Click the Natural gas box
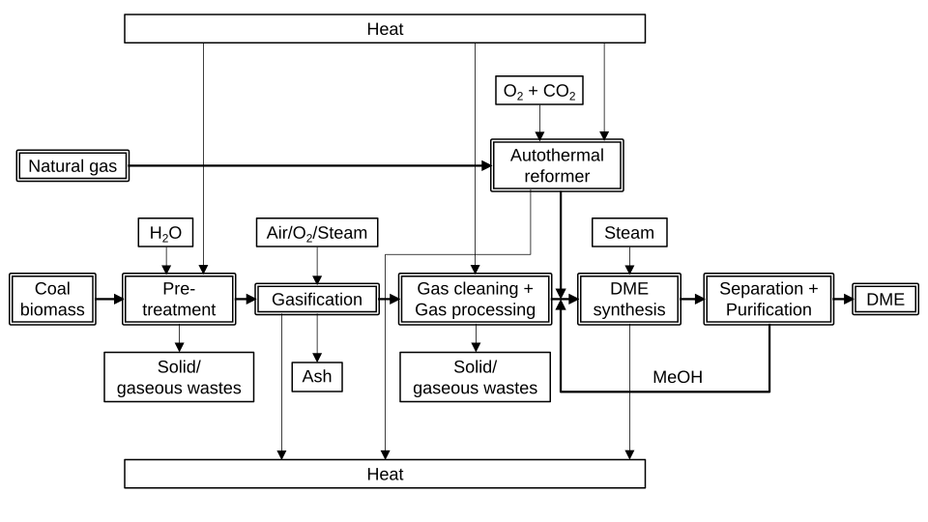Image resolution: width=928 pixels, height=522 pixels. coord(72,166)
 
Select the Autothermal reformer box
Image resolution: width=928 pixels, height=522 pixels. coord(557,165)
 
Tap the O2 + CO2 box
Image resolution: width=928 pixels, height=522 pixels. coord(539,92)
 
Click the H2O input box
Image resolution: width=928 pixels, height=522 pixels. coord(165,233)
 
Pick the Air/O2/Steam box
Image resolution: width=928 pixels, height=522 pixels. coord(316,233)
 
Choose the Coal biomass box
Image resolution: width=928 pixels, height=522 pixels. coord(53,299)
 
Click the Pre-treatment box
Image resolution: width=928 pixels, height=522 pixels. coord(179,299)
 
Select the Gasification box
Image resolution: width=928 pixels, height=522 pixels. coord(316,300)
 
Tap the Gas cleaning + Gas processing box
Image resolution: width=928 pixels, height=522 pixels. coord(475,299)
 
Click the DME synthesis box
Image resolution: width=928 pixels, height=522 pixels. coord(629,299)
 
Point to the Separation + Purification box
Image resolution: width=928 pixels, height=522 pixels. coord(768,299)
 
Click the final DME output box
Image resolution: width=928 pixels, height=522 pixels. coord(884,300)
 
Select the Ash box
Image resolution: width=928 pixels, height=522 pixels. coord(316,376)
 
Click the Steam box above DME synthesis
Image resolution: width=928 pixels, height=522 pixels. coord(629,233)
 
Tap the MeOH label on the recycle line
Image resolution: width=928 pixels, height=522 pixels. coord(677,377)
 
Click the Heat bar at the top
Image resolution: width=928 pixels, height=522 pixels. coord(385,29)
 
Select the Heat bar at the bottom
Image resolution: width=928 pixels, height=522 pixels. coord(385,474)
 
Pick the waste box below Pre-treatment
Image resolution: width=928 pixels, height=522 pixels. coord(179,377)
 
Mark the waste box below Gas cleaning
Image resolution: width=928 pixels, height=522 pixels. coord(475,377)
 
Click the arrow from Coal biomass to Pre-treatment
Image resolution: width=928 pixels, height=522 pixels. coord(109,300)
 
